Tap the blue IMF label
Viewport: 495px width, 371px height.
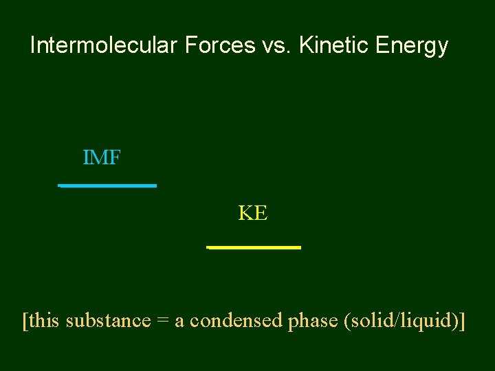point(102,158)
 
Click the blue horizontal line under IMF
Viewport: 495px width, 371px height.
point(108,185)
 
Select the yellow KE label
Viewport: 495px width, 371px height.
point(253,214)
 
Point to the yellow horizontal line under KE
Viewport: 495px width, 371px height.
point(254,247)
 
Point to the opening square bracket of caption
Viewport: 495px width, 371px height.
point(25,321)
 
